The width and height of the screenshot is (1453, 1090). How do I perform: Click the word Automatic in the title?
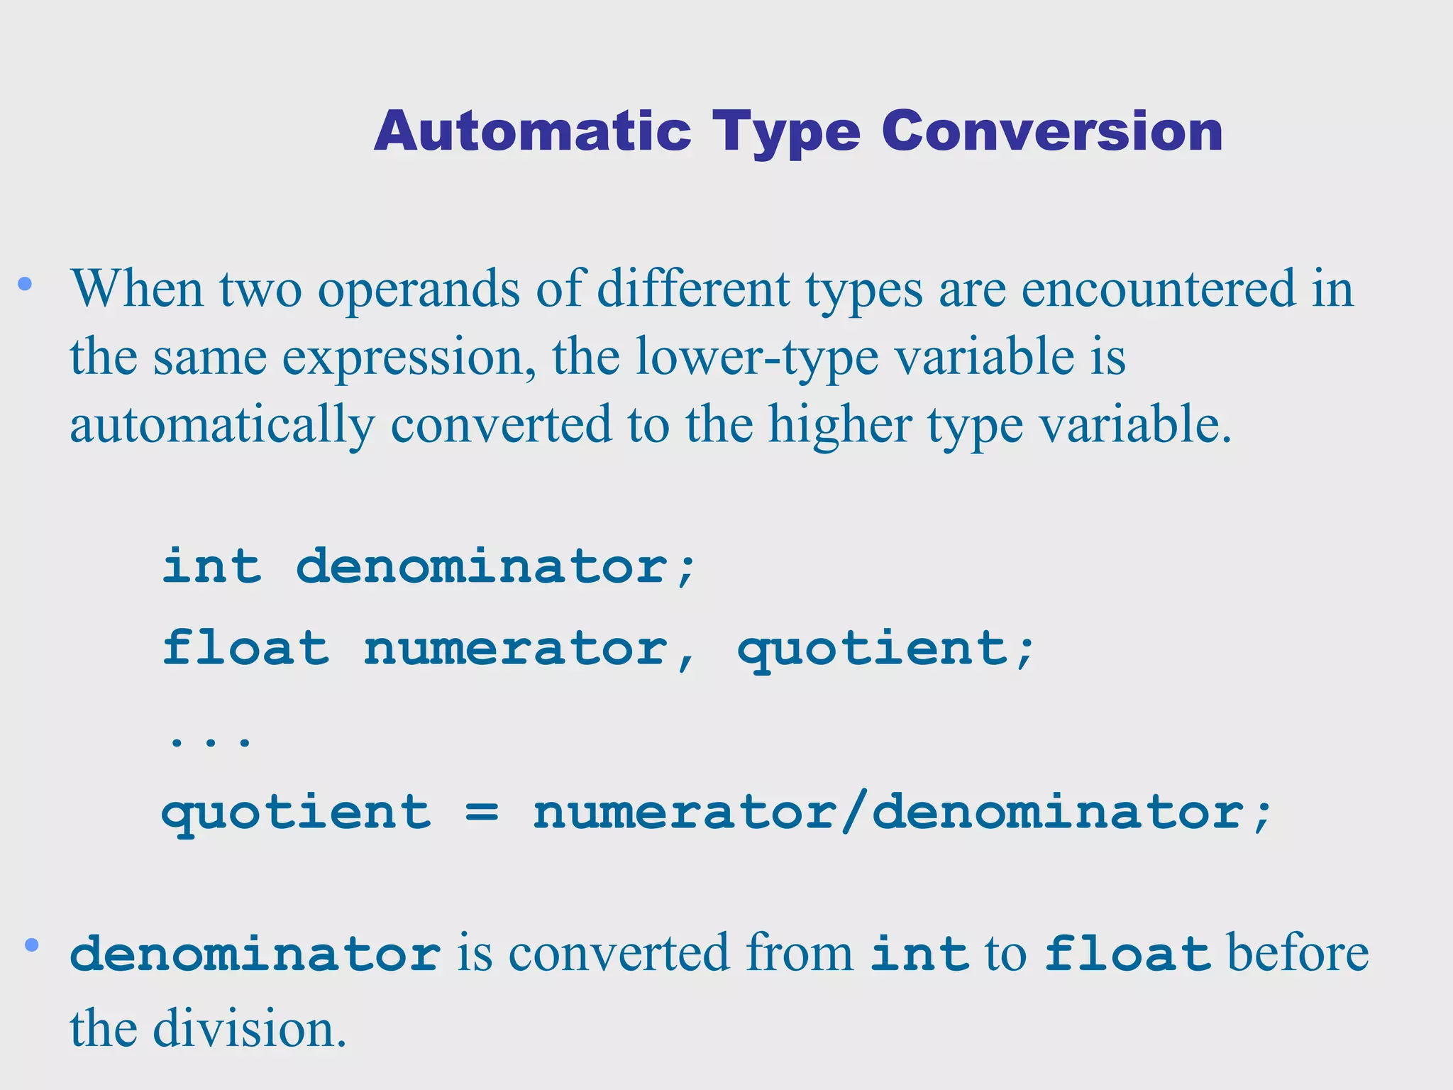[x=532, y=132]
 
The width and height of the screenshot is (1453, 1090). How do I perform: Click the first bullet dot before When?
[x=26, y=285]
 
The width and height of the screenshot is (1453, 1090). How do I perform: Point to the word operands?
[x=419, y=291]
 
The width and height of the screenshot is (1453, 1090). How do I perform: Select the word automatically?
[x=221, y=426]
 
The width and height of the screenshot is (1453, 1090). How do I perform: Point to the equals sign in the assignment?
[x=482, y=813]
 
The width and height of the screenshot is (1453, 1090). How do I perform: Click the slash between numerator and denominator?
[x=853, y=812]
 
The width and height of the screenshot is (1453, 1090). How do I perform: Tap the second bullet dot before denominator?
[x=31, y=945]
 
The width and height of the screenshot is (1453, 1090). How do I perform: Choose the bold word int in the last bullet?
[x=919, y=954]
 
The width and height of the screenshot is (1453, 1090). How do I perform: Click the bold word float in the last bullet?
[x=1127, y=954]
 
